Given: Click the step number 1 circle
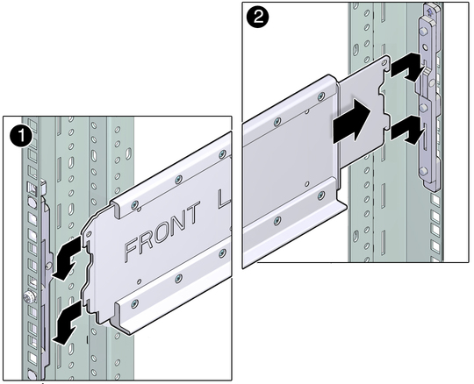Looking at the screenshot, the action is click(x=20, y=137).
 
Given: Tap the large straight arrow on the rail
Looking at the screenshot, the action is click(x=352, y=121).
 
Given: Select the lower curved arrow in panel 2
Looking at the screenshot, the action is click(x=406, y=130).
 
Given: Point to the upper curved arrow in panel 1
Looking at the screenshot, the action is click(x=67, y=258).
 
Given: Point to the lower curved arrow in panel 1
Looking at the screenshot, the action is click(x=67, y=323).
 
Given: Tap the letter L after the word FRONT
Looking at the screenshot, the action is click(x=222, y=200).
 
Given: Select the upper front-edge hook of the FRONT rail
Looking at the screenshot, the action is click(x=85, y=240).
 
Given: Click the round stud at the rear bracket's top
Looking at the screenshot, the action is click(x=423, y=31).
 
